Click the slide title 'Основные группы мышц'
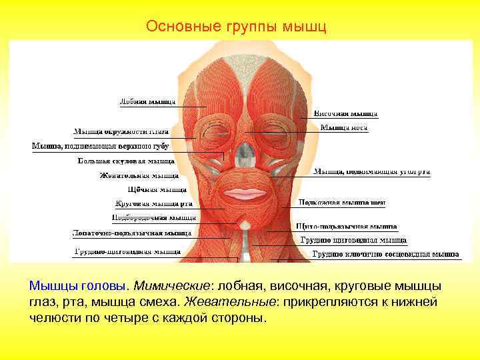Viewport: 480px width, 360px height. click(x=237, y=27)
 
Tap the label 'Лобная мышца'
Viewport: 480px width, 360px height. click(x=147, y=102)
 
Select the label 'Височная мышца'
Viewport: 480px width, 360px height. click(x=345, y=113)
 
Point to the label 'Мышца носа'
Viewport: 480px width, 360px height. click(x=343, y=127)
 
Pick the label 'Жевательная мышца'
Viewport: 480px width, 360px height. click(x=139, y=176)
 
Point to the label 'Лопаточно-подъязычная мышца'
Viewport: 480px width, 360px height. click(x=131, y=233)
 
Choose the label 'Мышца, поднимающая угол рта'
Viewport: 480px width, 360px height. click(x=371, y=171)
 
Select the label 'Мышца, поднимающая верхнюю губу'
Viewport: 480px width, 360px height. click(x=100, y=146)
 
